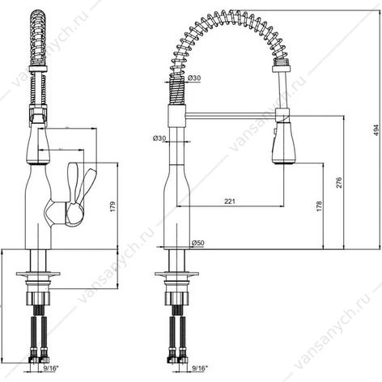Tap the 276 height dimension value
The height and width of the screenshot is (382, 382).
[x=339, y=182]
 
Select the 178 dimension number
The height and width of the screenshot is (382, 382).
[x=319, y=206]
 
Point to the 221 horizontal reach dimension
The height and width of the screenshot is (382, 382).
[x=230, y=202]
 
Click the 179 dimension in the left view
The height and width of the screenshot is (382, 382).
[x=112, y=206]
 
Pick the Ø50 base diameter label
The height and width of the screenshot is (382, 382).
[x=197, y=243]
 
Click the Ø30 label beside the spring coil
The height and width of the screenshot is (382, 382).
[x=194, y=78]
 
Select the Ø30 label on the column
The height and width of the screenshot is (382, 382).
[x=159, y=138]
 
